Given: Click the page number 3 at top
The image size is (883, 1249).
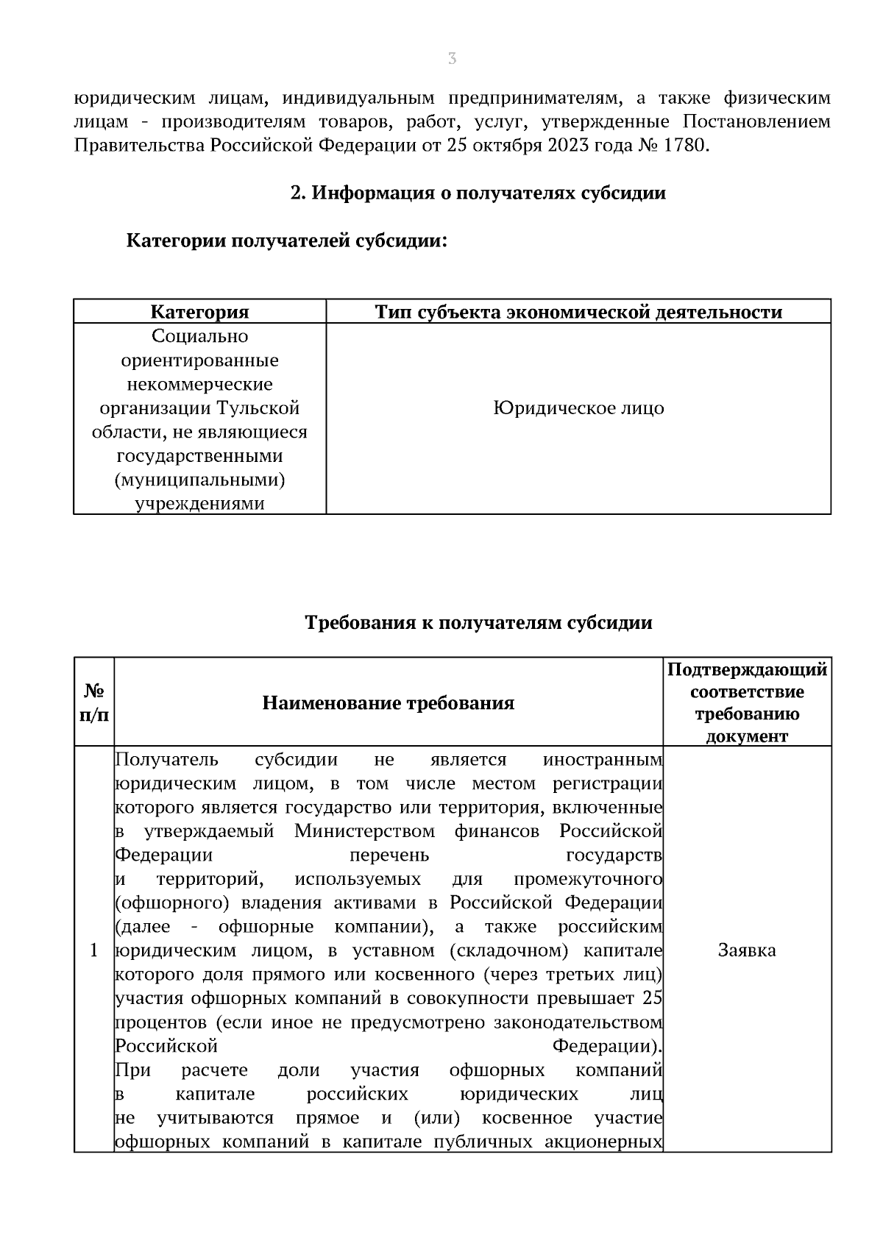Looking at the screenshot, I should [x=452, y=59].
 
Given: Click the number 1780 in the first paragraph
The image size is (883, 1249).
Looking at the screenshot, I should [x=684, y=146].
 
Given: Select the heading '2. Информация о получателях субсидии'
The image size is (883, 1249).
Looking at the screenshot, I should [x=478, y=193].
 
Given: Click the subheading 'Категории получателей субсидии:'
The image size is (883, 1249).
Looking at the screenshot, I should [x=287, y=241].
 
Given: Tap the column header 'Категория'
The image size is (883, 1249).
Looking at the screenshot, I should [x=199, y=312].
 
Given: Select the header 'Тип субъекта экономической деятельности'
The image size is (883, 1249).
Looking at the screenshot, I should [x=578, y=312].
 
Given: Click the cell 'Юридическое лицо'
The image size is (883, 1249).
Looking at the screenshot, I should [x=578, y=408].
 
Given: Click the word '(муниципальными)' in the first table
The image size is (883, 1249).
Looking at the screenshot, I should [x=199, y=480].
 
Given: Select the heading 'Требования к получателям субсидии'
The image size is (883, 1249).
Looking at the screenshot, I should [x=478, y=623].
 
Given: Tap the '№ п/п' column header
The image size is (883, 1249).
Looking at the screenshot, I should [x=93, y=702].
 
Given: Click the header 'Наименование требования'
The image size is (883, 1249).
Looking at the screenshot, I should [x=388, y=703].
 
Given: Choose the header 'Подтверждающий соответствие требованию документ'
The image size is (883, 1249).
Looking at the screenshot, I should [x=747, y=702].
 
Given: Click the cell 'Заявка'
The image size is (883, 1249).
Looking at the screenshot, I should [x=747, y=950].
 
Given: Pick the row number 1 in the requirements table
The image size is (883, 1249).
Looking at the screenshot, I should [x=93, y=950].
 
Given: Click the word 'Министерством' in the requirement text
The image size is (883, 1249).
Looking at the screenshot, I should [x=364, y=831].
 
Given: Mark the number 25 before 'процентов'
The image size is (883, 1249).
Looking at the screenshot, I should [x=652, y=998].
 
